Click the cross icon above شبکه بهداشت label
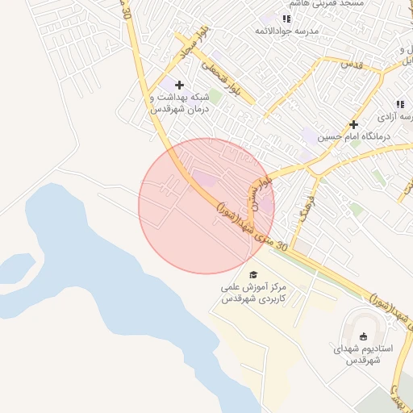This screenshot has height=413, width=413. click(179, 85)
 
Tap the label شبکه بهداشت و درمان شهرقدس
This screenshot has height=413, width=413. click(179, 103)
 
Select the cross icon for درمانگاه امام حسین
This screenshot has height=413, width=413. click(353, 124)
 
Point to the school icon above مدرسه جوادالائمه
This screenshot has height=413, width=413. click(286, 19)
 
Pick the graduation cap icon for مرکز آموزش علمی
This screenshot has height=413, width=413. click(254, 275)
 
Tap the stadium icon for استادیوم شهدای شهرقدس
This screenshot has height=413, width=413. click(363, 336)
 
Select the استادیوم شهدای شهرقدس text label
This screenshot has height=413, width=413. click(363, 355)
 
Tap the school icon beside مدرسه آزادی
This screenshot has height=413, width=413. click(399, 104)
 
